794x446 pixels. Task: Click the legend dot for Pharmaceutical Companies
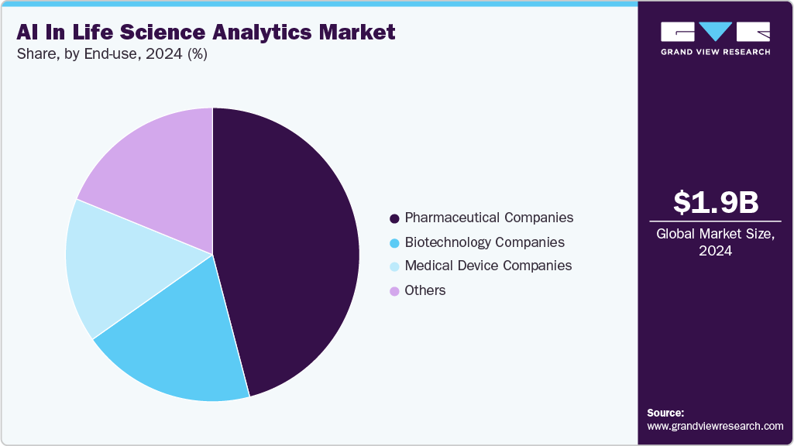(394, 218)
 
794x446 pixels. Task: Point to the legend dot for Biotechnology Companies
(394, 243)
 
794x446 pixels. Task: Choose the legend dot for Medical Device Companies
(394, 266)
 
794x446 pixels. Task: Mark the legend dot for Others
(394, 291)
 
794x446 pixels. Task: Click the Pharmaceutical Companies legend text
(489, 218)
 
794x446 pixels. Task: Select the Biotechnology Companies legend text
(484, 242)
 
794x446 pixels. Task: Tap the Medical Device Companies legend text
(488, 266)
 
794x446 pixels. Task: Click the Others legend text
(425, 290)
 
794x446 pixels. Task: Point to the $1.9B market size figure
(716, 203)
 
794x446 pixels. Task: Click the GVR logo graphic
(715, 31)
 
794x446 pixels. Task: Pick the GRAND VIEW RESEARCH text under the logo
(715, 52)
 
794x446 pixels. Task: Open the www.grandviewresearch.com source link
(715, 426)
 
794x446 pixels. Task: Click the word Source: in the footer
(665, 413)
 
